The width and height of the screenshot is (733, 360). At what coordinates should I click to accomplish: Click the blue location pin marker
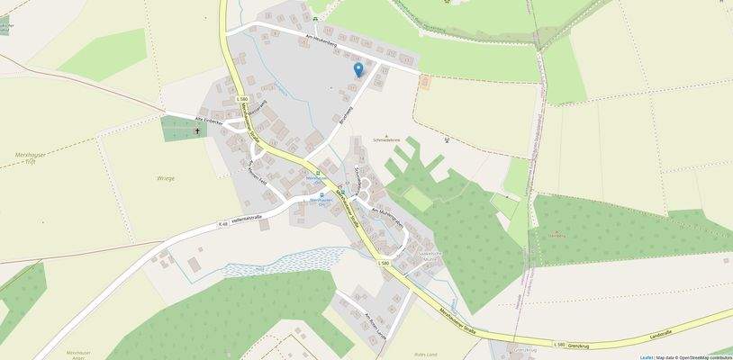tap(358, 69)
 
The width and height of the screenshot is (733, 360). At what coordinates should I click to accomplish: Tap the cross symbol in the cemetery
tap(198, 130)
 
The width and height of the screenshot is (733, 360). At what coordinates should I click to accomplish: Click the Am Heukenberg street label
tap(321, 38)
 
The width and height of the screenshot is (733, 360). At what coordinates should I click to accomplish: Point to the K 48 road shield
tap(222, 223)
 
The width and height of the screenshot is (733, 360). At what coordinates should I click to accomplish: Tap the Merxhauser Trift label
tap(31, 157)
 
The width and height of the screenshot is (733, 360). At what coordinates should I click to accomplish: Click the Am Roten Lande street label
tap(373, 321)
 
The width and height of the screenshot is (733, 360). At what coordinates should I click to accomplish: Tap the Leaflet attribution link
tap(647, 357)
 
